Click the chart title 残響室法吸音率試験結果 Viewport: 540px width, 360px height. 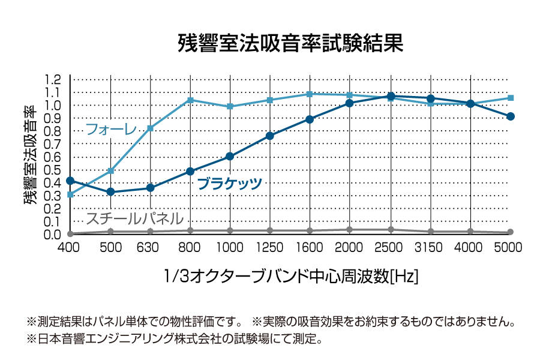(x=290, y=44)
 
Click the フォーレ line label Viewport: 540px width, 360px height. (x=111, y=129)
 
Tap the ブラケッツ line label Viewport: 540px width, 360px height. (x=229, y=184)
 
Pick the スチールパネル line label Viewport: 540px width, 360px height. (x=134, y=218)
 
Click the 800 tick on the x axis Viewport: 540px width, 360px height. (x=190, y=247)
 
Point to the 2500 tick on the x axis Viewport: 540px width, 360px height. (x=391, y=247)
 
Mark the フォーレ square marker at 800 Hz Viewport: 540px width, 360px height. (x=190, y=100)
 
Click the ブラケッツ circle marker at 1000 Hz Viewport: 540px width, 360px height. (x=230, y=157)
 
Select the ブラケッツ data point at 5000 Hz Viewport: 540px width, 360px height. (x=511, y=116)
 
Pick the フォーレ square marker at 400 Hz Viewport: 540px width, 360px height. (x=70, y=194)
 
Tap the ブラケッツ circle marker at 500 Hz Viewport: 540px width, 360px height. (x=110, y=192)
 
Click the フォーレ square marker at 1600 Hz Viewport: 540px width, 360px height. (x=310, y=94)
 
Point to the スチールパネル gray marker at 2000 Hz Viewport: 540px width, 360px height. (x=350, y=230)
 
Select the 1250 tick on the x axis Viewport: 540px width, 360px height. (x=270, y=247)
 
